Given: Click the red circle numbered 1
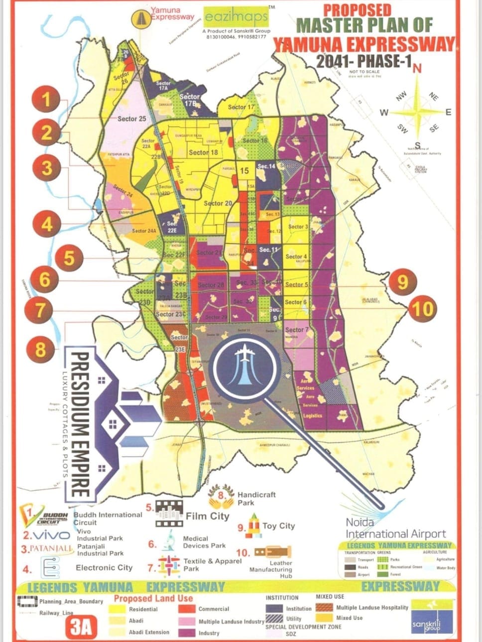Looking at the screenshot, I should click(x=46, y=100).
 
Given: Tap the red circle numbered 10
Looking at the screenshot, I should click(x=422, y=309).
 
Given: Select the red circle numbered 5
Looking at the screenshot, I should click(x=69, y=258).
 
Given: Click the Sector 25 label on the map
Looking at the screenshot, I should click(x=132, y=119).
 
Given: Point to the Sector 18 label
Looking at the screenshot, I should click(x=203, y=152).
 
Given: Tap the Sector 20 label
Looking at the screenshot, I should click(x=218, y=203).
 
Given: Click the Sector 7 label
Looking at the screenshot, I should click(x=296, y=330).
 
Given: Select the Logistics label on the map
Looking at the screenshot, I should click(x=312, y=415).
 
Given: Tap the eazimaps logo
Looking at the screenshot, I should click(x=237, y=18).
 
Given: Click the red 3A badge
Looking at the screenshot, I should click(x=81, y=628).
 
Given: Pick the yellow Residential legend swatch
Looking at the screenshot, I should click(x=120, y=609).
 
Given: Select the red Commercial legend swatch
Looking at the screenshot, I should click(x=187, y=609).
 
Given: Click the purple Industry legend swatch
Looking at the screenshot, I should click(x=187, y=633).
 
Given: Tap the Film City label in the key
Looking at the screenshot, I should click(x=207, y=516).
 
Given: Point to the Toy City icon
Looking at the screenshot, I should click(x=254, y=527).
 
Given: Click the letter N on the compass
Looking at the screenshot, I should click(x=417, y=69).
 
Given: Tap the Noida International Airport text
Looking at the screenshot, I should click(x=395, y=528).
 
